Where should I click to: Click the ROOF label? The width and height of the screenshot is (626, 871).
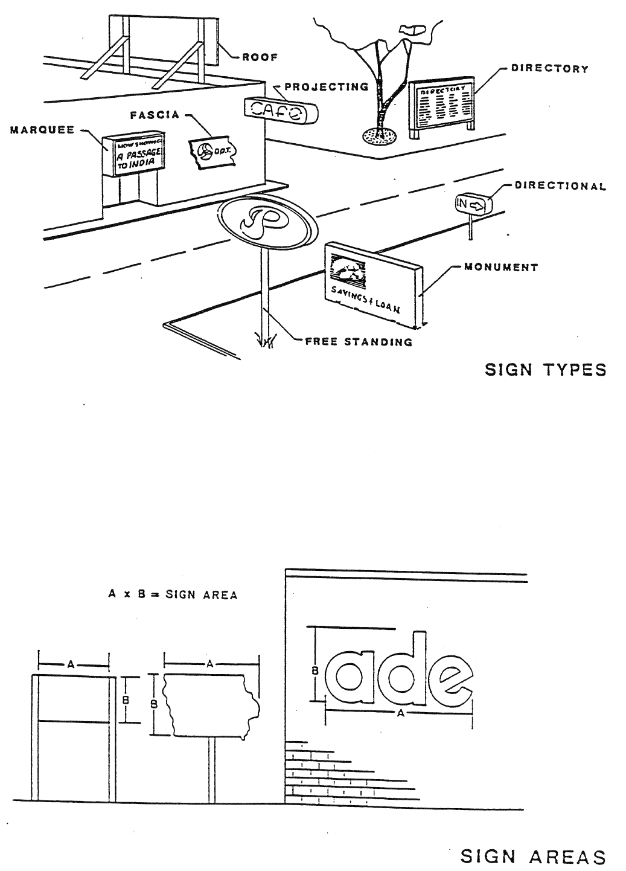260,57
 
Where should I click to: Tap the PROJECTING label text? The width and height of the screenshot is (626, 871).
326,86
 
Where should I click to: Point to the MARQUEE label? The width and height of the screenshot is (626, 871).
42,130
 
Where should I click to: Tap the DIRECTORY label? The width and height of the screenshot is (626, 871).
549,68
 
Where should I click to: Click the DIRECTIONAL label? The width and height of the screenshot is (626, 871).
560,185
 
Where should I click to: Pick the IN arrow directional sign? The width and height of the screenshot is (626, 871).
473,205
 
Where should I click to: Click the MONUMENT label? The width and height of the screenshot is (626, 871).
501,266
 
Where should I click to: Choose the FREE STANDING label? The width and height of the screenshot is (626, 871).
359,342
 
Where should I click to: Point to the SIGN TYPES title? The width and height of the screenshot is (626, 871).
546,369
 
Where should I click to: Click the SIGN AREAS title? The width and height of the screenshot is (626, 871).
533,857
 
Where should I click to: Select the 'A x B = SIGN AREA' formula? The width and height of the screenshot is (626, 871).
173,595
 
